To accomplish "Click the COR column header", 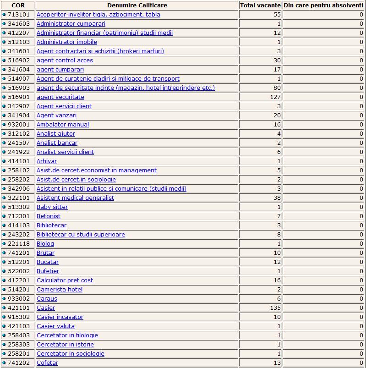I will pos(18,5).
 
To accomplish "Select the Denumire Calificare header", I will pos(137,5).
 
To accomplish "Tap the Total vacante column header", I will pos(260,5).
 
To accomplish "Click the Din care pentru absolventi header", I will pos(323,5).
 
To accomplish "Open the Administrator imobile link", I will pos(67,42).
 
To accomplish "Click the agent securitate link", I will pos(60,97).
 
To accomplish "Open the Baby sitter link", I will pos(52,207).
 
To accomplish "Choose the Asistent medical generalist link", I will pos(75,198).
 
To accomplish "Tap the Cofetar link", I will pos(47,363).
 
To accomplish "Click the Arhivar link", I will pos(47,161).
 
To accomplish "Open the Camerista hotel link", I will pos(60,290).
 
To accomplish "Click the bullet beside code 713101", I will pos(4,15).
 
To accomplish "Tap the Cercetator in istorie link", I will pos(65,345).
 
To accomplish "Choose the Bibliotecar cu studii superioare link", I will pos(81,235).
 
